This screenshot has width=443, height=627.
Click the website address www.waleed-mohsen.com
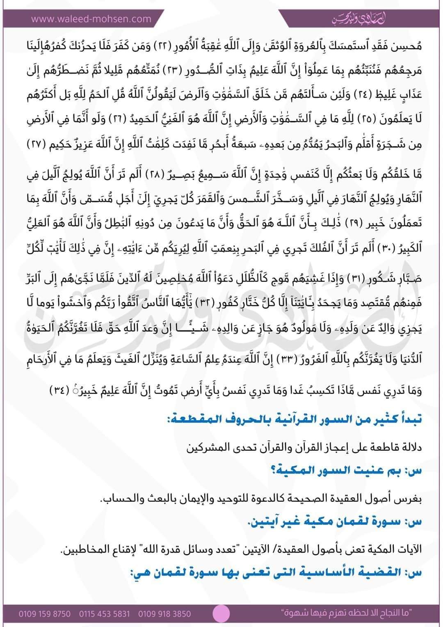click(91, 18)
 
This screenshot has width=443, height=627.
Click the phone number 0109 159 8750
click(44, 614)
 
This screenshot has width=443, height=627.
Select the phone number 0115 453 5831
click(104, 614)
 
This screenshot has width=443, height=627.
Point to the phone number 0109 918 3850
click(164, 614)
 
